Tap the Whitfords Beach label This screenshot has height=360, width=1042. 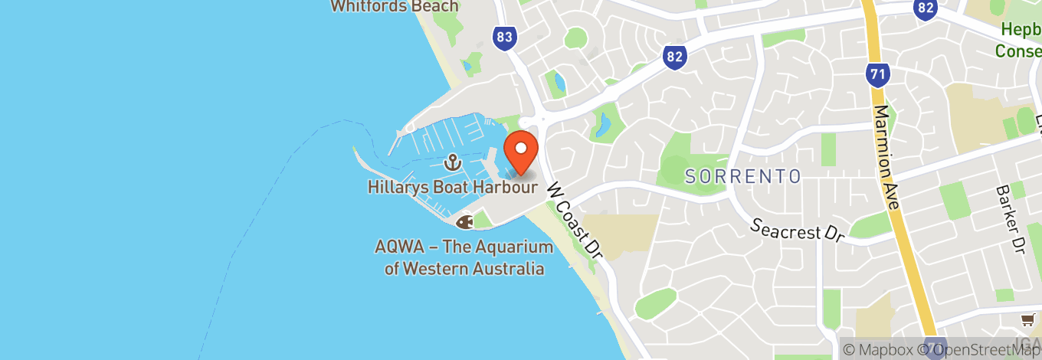point(394,6)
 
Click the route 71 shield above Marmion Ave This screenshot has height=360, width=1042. point(877,74)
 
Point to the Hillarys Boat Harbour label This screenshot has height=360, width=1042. point(452,186)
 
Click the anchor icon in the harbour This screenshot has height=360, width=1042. point(452,162)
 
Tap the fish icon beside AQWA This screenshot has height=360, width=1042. point(464,222)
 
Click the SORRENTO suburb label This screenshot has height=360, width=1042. point(742,177)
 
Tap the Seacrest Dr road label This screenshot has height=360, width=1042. point(797,230)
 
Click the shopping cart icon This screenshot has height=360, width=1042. point(1027,319)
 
